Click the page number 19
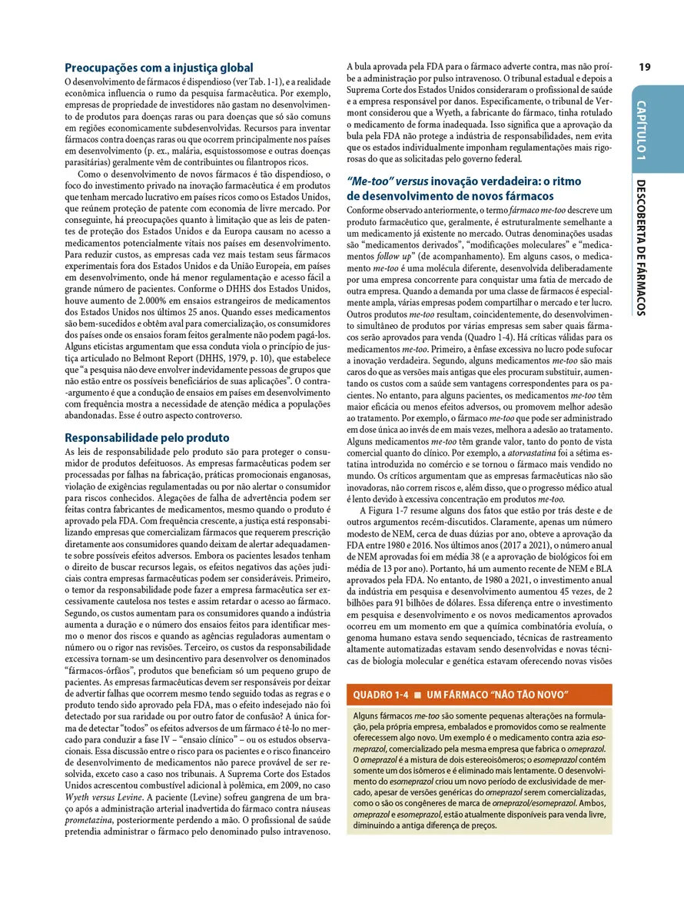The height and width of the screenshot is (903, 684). pos(644,67)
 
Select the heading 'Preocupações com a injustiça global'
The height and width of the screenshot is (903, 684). pos(159,68)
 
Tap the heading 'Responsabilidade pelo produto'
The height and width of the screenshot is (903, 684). pos(148,438)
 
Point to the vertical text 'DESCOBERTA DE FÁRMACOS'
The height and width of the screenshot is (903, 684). pos(642,247)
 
